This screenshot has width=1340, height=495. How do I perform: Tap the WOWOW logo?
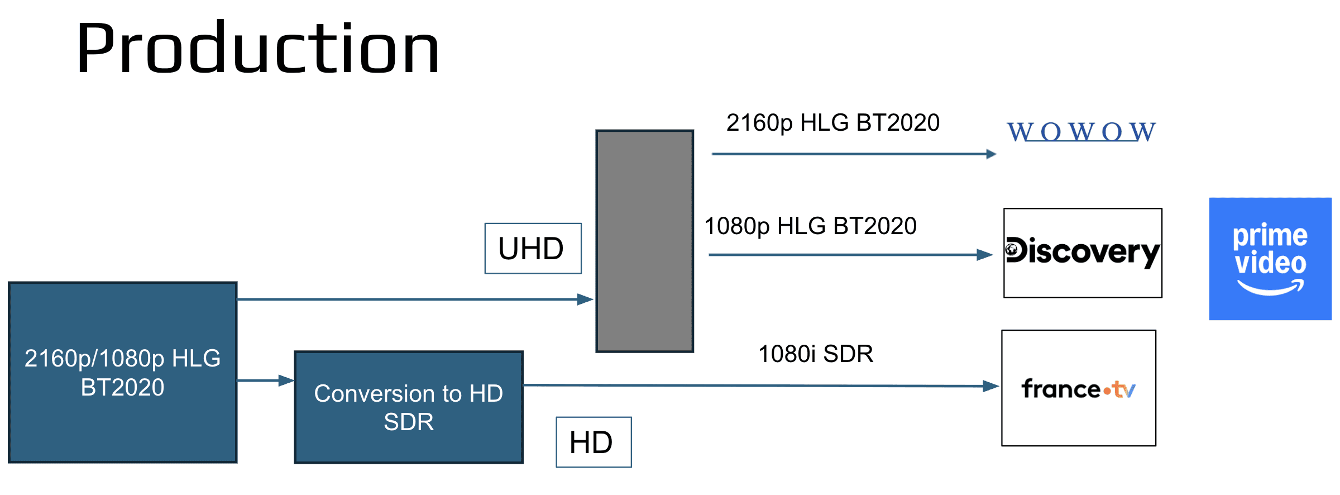click(1081, 132)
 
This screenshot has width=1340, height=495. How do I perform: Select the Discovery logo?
click(1083, 253)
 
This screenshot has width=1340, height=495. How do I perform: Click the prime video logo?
click(1270, 259)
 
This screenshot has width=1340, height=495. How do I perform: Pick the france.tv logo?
click(1079, 388)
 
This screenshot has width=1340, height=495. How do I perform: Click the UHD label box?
click(533, 249)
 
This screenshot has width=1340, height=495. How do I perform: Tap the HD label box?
click(594, 442)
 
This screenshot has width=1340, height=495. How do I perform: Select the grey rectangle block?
click(645, 241)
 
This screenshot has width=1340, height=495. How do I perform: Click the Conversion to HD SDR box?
click(409, 407)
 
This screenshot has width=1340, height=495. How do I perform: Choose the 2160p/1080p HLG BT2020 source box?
click(123, 373)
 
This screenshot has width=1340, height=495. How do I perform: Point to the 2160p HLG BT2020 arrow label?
click(833, 123)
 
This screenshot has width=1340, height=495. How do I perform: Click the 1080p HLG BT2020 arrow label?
click(810, 226)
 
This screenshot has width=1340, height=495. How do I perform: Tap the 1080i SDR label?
click(816, 354)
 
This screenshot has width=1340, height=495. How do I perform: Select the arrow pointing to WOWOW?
click(854, 154)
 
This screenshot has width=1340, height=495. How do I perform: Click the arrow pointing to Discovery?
click(851, 255)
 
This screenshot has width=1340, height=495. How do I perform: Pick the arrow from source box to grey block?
click(415, 299)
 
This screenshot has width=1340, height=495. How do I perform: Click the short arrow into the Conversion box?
click(266, 380)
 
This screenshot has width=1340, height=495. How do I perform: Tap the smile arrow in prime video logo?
click(1271, 288)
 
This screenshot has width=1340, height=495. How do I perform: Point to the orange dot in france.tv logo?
click(1107, 392)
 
